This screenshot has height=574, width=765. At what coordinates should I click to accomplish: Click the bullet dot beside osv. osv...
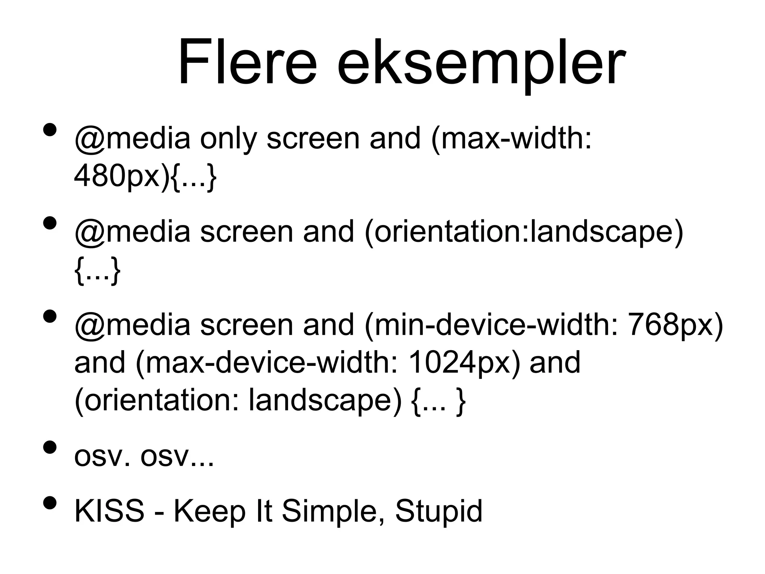tap(50, 447)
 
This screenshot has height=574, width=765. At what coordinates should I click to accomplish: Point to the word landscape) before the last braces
tap(325, 401)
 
